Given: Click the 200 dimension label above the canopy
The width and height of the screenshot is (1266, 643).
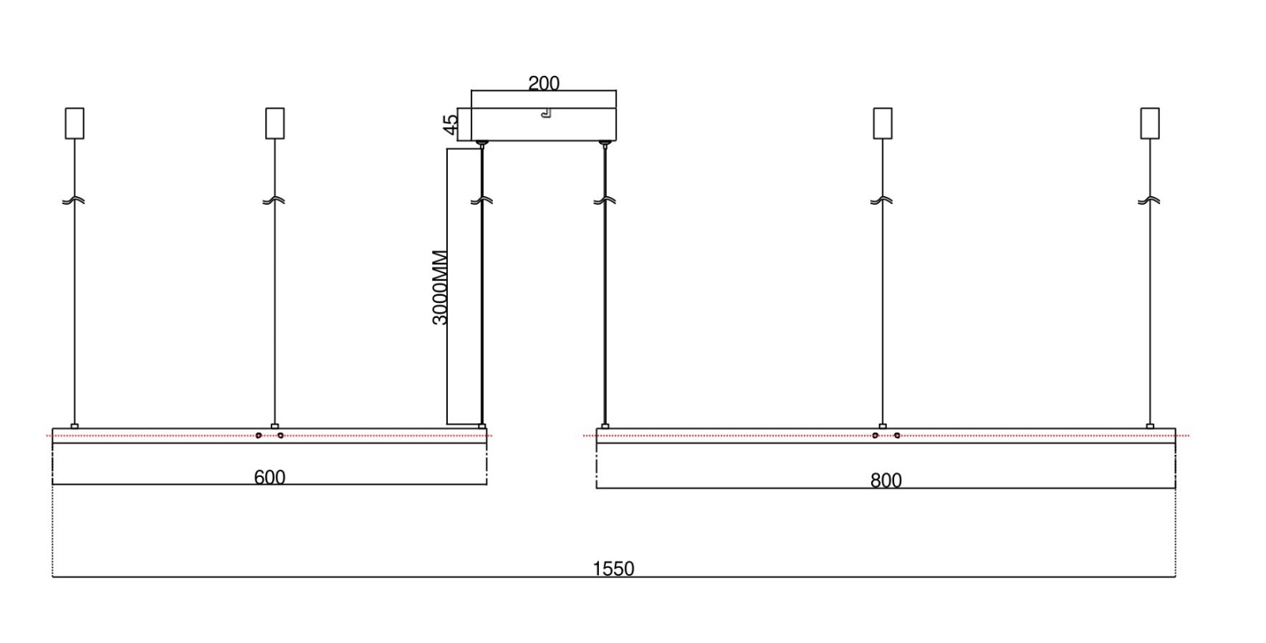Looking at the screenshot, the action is click(544, 83).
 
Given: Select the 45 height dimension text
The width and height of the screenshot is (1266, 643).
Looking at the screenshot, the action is click(450, 125).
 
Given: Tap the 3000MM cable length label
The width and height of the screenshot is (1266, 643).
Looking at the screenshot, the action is click(439, 288).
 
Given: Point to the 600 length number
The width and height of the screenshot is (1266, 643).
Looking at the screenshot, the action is click(270, 478).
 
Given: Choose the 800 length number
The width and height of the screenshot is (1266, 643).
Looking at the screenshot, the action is click(885, 480).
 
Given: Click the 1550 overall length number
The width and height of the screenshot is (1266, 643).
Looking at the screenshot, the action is click(613, 569).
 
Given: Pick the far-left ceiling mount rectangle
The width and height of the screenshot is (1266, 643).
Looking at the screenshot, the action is click(74, 123).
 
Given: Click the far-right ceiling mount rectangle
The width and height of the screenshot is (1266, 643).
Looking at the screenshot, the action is click(1150, 123).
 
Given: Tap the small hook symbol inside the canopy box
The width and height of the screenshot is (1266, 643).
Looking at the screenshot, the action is click(546, 113).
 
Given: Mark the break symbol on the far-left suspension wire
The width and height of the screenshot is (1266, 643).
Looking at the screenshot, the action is click(74, 201).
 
